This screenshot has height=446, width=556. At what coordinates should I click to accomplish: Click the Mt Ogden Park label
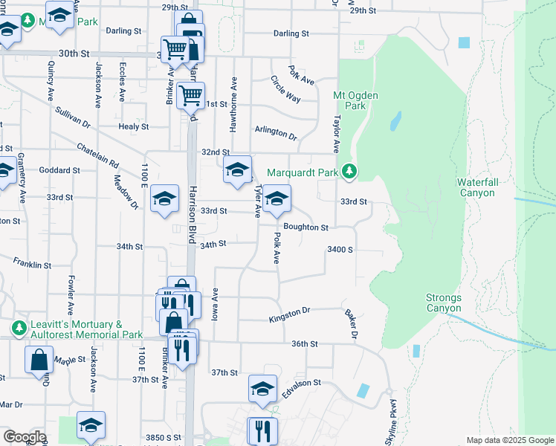click(x=350, y=100)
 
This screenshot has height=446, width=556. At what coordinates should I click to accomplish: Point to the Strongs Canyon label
click(x=444, y=303)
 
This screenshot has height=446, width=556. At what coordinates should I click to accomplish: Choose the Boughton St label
click(x=305, y=227)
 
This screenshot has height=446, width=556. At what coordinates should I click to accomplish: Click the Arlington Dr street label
click(x=275, y=134)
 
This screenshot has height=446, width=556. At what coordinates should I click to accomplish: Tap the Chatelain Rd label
click(x=97, y=152)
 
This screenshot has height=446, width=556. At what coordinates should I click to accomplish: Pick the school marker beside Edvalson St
click(x=262, y=390)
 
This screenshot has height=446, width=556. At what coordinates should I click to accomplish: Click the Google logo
click(x=25, y=437)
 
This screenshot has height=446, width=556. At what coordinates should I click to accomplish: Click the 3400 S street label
click(x=339, y=250)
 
